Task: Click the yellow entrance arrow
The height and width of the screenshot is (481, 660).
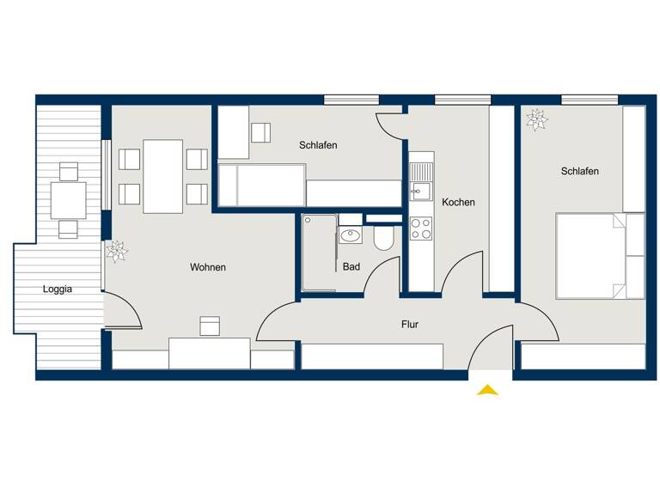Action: coord(487,390)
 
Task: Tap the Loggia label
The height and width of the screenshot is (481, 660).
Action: coord(58,289)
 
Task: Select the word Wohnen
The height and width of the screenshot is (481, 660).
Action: coord(208,268)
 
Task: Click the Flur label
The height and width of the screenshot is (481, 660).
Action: coord(410,325)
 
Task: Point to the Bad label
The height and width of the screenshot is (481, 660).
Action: coord(351,267)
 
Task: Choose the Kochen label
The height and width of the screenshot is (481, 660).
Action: coord(458,203)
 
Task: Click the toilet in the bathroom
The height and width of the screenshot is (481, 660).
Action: coord(383,237)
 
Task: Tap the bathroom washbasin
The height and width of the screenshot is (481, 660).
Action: coord(351,235)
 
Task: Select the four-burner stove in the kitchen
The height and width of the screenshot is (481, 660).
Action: coord(421,228)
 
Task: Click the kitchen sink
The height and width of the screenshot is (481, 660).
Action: coord(421,191)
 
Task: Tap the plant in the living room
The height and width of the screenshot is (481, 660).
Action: coord(116,251)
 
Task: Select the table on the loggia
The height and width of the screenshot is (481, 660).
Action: coord(68,200)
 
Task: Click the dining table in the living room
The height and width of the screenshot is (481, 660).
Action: coord(162,176)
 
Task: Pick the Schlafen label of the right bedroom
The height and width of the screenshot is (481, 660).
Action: coord(580,172)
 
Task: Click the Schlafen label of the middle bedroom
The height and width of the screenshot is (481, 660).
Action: coord(318,145)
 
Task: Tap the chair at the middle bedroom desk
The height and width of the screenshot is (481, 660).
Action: coord(260,132)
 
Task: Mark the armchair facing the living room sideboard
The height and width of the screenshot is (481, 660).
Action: coord(210,326)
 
